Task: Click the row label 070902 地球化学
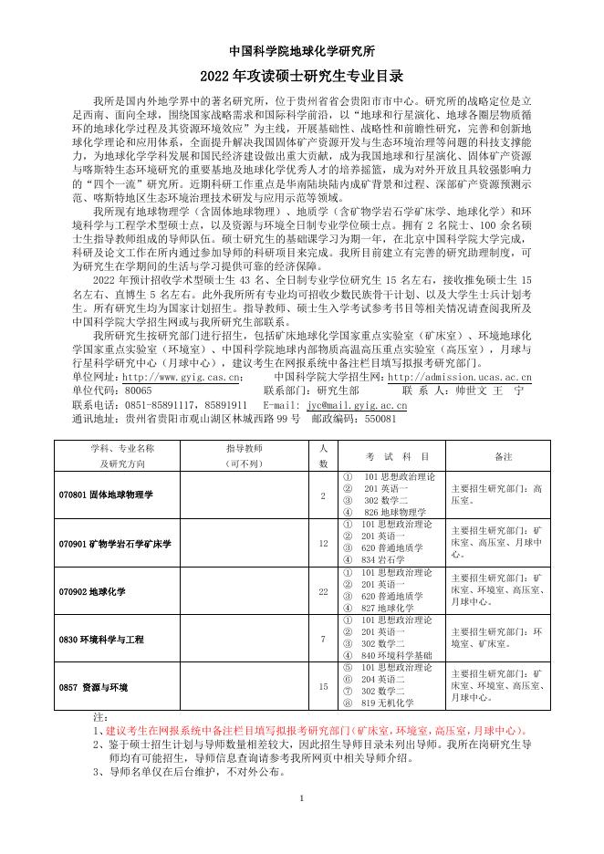coord(99,591)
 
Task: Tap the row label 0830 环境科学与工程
coord(100,640)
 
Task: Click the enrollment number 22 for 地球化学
coord(323,591)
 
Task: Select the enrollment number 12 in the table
coord(323,543)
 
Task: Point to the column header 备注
coord(503,455)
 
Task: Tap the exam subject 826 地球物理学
coord(394,512)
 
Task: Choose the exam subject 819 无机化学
coord(391,703)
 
